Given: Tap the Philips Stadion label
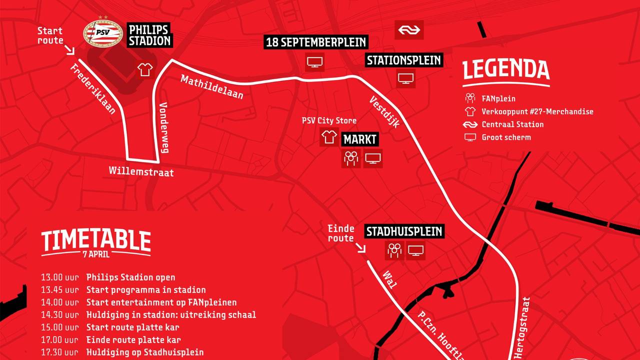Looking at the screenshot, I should click(149, 35).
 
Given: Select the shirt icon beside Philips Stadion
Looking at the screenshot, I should click(145, 69).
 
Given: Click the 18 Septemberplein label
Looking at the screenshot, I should click(316, 42).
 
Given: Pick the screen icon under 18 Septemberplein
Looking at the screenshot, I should click(314, 62).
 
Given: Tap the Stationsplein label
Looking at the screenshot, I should click(404, 60).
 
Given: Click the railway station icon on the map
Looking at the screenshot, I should click(409, 30).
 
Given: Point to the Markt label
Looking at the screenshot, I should click(360, 139).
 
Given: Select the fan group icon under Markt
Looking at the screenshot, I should click(351, 158).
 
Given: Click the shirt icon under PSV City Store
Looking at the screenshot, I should click(329, 137).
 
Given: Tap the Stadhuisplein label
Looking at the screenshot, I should click(404, 231).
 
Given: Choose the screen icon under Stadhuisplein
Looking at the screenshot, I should click(415, 250).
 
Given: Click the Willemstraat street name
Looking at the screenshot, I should click(141, 172).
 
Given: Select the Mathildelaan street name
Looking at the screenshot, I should click(212, 87).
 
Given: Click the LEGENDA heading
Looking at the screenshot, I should click(506, 70).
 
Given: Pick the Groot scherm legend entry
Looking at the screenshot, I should click(506, 137).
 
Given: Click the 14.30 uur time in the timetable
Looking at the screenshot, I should click(60, 314).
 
